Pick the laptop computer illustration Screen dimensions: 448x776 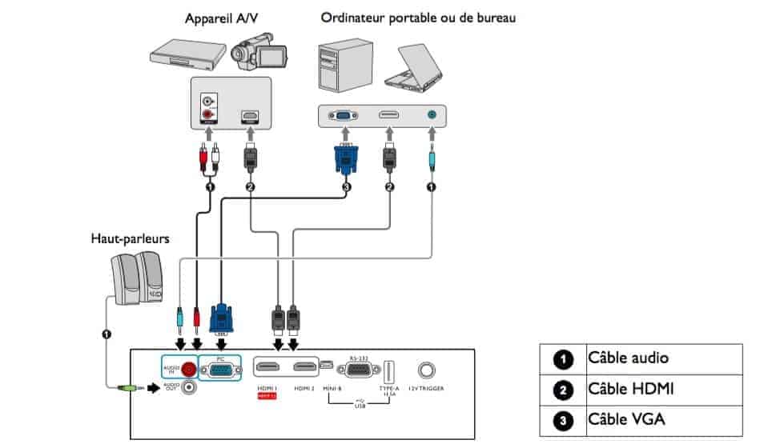tap(413, 65)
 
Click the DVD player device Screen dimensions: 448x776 tap(185, 55)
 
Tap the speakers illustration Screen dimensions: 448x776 tap(138, 278)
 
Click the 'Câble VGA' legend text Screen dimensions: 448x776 tap(626, 418)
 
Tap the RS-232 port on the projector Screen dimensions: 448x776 tap(357, 370)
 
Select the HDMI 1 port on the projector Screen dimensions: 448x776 tap(268, 367)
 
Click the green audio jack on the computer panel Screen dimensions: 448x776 tap(432, 115)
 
